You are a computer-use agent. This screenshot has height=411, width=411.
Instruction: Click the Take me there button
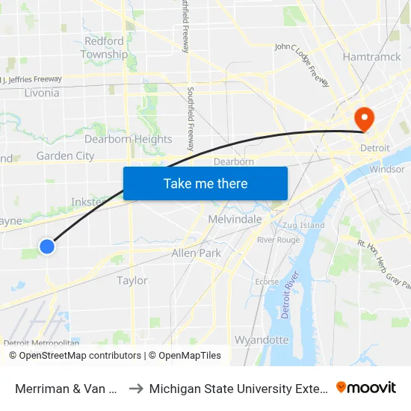pos(205,183)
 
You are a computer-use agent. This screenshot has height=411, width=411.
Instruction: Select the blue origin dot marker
pos(47,246)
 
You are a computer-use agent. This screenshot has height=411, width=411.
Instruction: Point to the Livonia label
pos(42,93)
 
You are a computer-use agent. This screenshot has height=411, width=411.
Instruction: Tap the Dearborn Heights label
pos(128,139)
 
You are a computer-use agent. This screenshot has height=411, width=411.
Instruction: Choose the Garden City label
pos(65,155)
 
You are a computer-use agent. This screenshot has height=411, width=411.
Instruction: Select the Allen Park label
pos(196,253)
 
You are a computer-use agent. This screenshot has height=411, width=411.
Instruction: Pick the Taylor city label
pos(132,280)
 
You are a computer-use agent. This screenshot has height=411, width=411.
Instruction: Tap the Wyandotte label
pos(262,339)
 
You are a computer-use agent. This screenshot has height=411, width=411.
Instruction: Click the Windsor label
pos(387,169)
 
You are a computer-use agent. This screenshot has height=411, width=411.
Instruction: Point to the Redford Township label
pos(104,48)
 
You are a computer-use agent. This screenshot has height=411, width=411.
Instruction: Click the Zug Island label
pos(303,225)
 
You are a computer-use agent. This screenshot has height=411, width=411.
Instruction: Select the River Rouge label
pos(278,240)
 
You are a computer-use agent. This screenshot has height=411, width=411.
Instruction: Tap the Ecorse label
pos(267,282)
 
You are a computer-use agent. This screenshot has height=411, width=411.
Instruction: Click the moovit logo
pos(365,387)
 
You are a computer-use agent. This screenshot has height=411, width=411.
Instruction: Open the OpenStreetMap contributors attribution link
pos(77,356)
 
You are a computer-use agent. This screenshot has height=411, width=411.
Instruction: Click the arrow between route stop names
pos(135,388)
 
